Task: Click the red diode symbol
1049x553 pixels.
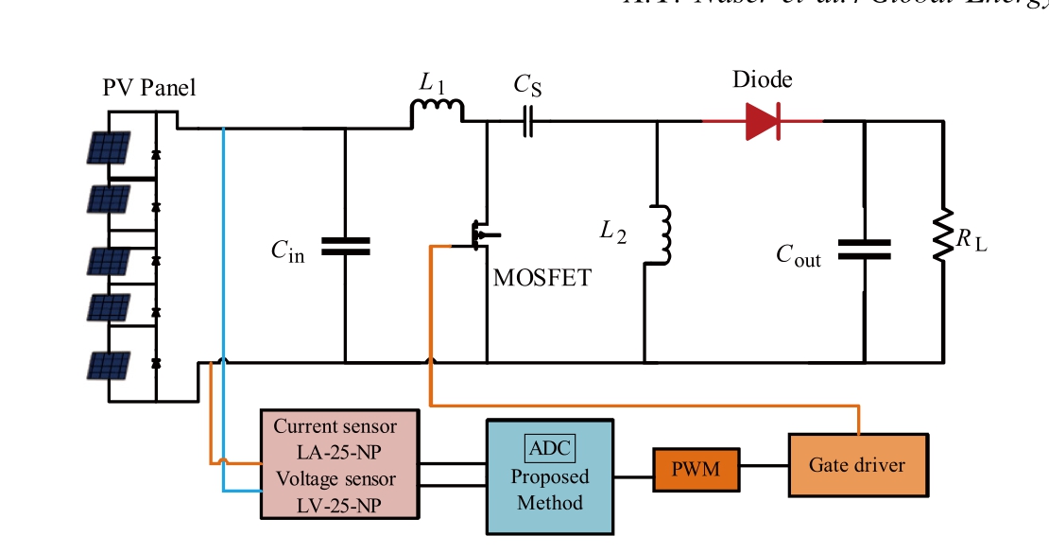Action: (763, 121)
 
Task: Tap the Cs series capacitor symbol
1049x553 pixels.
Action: (527, 121)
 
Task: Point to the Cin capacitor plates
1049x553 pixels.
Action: (345, 246)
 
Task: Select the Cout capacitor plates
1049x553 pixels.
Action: (865, 248)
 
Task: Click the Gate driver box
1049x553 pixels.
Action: (857, 465)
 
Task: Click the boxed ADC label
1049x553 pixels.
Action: (551, 447)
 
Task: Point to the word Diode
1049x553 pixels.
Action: (763, 80)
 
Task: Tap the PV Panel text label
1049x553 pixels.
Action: (149, 89)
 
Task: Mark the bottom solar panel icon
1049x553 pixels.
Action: (110, 365)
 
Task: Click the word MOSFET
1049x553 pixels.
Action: (542, 278)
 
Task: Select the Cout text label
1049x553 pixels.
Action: (799, 256)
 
